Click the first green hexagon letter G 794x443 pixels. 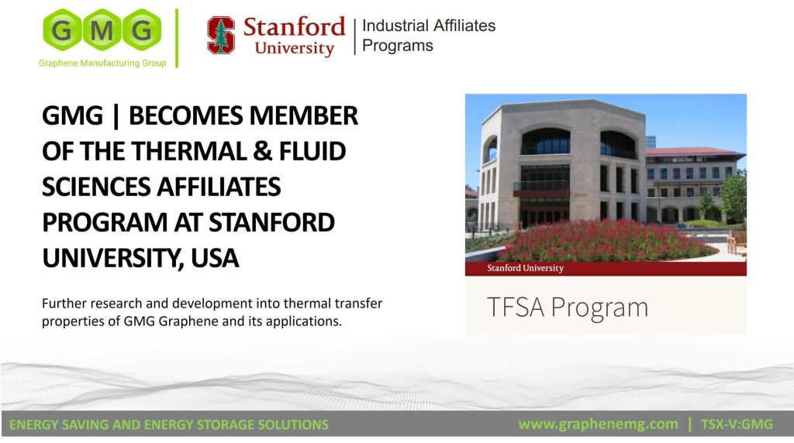coord(62,30)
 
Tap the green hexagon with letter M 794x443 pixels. coord(102,30)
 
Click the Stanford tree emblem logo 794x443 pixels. coord(221,35)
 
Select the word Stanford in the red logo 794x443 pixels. coord(294,27)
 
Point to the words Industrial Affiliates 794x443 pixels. coord(428,26)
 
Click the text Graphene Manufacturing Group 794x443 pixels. coord(102,64)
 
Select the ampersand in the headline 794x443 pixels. coord(263,151)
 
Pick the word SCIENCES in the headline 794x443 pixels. coord(96,187)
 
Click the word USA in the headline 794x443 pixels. coord(215,258)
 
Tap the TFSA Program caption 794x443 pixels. coord(567,307)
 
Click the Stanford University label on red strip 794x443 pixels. coord(525,268)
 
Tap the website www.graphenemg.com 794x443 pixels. coord(598,424)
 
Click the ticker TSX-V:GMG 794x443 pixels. coord(737,424)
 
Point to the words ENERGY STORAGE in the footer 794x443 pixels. coord(198,424)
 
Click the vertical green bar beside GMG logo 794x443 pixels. coord(177,38)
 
